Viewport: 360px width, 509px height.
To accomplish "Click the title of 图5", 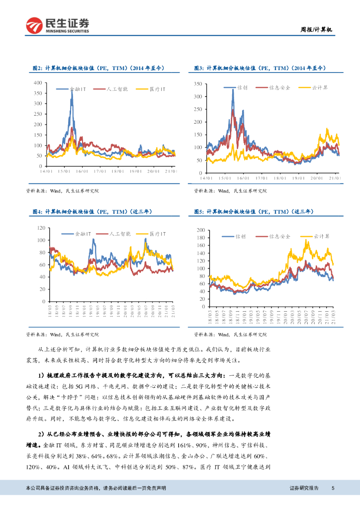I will point(253,212).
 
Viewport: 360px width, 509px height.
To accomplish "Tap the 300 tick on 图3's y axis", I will point(197,96).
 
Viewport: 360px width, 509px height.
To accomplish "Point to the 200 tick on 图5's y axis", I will point(201,230).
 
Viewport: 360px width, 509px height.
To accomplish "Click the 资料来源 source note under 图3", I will point(230,191).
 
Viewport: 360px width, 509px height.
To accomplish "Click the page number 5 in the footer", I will point(333,488).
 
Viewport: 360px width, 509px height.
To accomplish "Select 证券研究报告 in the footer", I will point(304,488).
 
